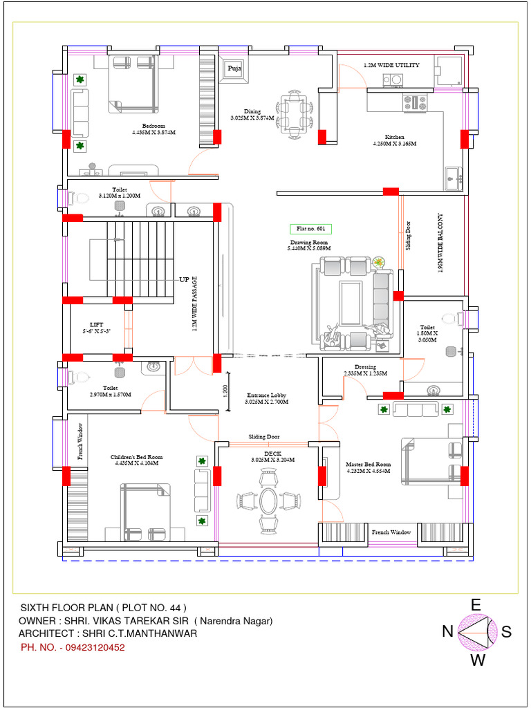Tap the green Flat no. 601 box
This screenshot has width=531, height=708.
coord(310,229)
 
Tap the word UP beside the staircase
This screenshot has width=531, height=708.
coord(184,280)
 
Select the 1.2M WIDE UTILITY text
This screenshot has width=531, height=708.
coord(391,65)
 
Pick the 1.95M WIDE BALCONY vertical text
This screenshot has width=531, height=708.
coord(440,243)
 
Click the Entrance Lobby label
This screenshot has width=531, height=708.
coord(268,398)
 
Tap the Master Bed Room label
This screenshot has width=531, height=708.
coord(369,467)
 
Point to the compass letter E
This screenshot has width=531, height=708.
coord(476,605)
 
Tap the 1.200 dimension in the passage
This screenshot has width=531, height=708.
coord(225,390)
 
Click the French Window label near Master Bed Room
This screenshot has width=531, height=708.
coord(391,532)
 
